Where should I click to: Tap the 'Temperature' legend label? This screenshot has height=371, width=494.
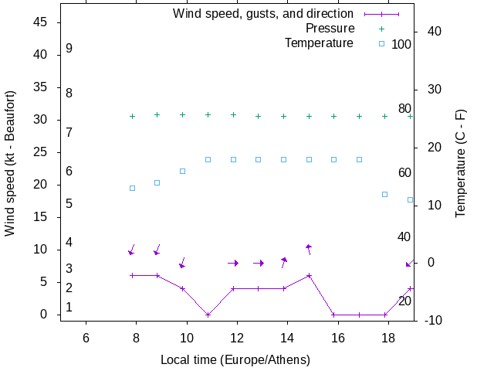coord(319,43)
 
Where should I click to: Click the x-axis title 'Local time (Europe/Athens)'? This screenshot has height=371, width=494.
coord(235,360)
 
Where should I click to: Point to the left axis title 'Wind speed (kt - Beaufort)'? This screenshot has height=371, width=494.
coord(10,164)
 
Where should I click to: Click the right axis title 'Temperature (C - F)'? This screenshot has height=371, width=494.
coord(461,164)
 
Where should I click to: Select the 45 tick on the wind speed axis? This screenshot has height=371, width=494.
coord(42,22)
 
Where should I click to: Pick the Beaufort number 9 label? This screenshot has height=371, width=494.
coord(69,49)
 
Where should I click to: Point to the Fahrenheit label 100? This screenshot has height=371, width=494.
coord(401,44)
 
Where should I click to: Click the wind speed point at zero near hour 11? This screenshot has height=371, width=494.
coord(208,315)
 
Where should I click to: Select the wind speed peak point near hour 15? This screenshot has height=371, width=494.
coord(309,275)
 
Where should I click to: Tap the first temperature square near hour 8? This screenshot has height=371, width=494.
coord(133,188)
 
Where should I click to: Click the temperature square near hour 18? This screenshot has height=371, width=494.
coord(384,194)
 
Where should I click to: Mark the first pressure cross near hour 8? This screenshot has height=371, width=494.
coord(133,116)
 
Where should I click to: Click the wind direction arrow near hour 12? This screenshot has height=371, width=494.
coord(234,263)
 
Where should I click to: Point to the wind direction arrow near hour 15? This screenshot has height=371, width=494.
coord(309,249)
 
